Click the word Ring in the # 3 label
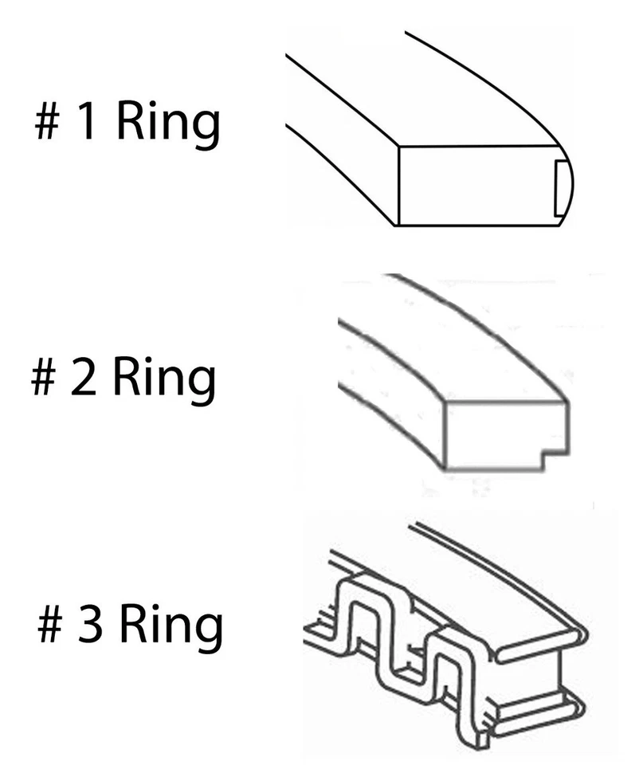pos(171,626)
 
